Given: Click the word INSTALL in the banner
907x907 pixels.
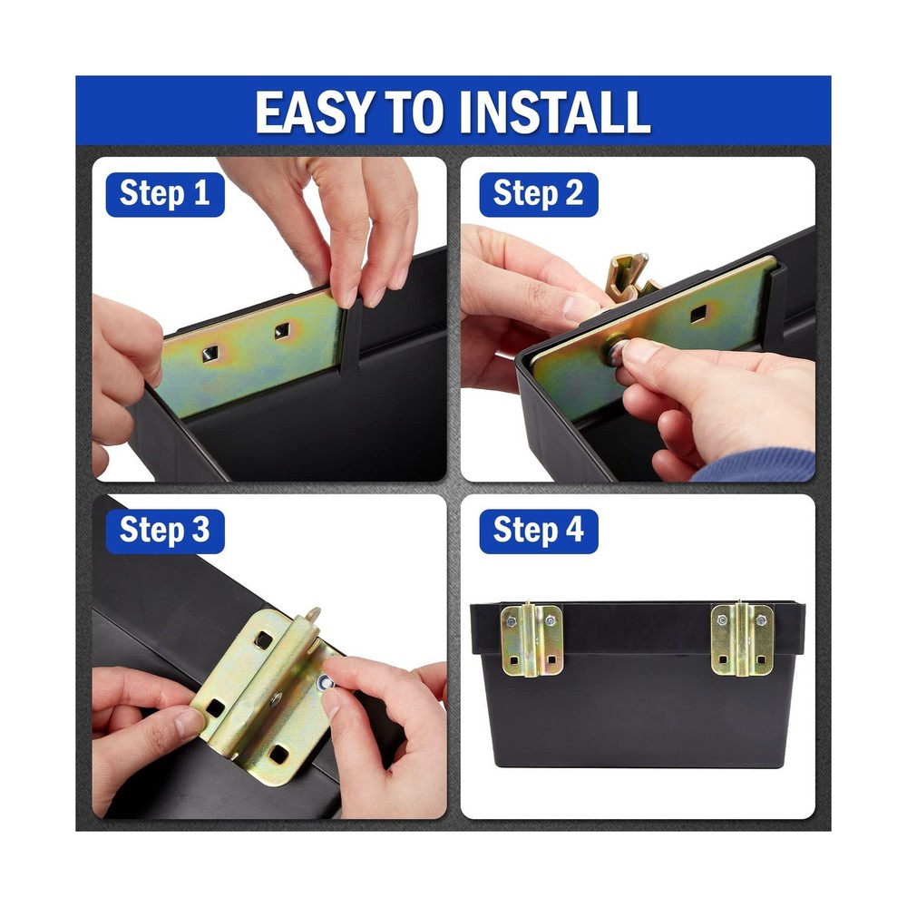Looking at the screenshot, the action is click(555, 111).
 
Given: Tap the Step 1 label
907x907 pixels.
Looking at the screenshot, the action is click(165, 194).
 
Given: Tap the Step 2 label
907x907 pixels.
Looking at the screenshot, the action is click(539, 194).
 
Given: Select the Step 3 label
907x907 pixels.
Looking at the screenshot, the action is click(165, 531).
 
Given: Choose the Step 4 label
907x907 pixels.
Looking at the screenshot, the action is click(539, 531).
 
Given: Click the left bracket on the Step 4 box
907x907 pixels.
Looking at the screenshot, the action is click(532, 639).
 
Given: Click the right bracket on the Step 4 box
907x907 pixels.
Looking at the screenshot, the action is click(742, 639).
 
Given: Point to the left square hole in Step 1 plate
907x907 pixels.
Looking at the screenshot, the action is click(210, 354).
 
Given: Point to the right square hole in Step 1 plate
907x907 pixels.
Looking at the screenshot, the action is click(283, 331).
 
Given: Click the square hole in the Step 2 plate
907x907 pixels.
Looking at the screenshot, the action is click(698, 316).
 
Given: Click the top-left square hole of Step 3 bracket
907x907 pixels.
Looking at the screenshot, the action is click(263, 640).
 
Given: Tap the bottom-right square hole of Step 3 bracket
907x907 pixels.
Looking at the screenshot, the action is click(279, 754).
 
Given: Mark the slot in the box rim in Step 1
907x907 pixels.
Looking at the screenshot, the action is click(353, 338).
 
